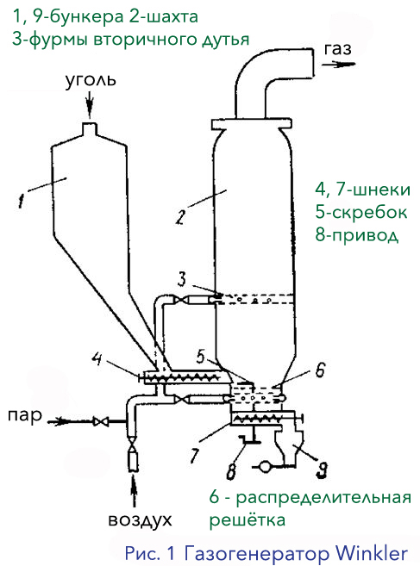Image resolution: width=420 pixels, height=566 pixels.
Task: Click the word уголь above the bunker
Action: pos(91,80)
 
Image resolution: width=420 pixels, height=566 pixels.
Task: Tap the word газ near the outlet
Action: pos(337,49)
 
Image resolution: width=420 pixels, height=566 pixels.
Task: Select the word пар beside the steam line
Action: pos(24,416)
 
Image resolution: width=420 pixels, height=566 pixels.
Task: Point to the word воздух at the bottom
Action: pos(141,520)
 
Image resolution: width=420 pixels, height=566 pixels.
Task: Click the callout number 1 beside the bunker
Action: pos(22,200)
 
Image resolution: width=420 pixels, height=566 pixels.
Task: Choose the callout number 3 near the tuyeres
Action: pos(182,279)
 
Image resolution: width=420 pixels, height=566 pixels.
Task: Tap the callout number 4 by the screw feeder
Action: pos(96,359)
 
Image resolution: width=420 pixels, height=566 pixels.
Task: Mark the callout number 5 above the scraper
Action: pos(200,357)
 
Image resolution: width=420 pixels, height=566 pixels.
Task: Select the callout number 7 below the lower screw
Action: pos(194,455)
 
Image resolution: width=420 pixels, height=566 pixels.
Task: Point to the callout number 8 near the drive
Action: pos(231,471)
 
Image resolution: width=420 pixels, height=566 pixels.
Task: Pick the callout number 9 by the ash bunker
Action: pos(322,470)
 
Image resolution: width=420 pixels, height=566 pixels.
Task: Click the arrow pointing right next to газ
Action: pos(339,65)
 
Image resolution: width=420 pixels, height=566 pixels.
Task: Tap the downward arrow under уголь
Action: pos(90,104)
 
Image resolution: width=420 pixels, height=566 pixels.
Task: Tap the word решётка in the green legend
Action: pos(248,520)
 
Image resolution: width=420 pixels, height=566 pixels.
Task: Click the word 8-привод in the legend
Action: pos(357,235)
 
